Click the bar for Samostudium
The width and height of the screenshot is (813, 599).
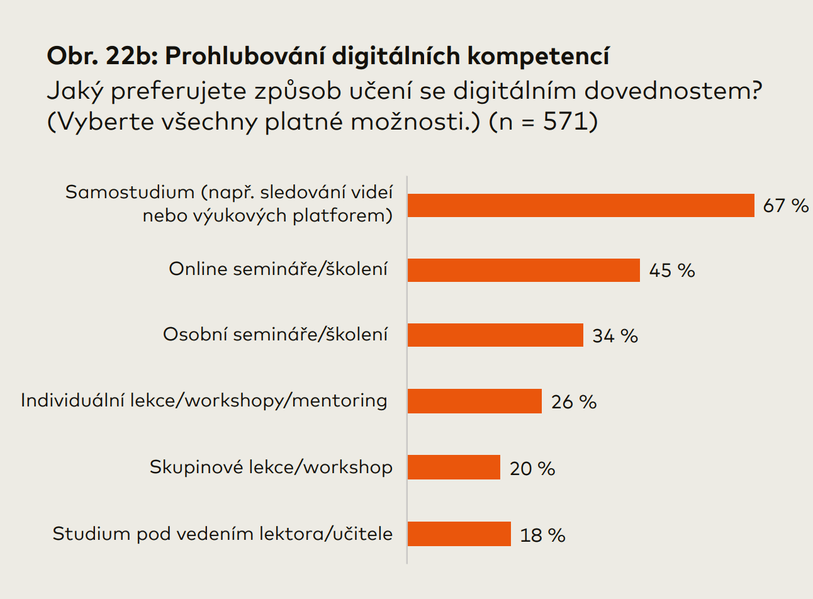click(x=581, y=205)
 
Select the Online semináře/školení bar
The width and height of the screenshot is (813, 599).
click(x=524, y=270)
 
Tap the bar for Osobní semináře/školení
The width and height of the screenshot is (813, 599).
click(x=495, y=335)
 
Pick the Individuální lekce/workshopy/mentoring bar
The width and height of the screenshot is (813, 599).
click(x=474, y=401)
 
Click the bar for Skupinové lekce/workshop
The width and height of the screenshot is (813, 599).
click(x=454, y=467)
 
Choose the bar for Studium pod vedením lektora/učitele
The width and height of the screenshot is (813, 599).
click(x=459, y=534)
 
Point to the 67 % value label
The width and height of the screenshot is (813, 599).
click(x=785, y=206)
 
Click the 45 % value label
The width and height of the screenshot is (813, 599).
click(x=672, y=271)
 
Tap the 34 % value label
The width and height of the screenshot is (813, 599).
click(x=615, y=336)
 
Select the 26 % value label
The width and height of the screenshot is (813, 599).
click(x=574, y=402)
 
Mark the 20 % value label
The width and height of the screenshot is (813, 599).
click(x=532, y=469)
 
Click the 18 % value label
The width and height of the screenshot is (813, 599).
click(x=542, y=535)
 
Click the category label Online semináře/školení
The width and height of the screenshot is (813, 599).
click(x=278, y=269)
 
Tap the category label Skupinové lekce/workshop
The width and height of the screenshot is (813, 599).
click(x=271, y=467)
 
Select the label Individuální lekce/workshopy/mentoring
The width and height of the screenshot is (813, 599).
click(x=204, y=401)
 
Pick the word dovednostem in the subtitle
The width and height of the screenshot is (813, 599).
click(x=666, y=91)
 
